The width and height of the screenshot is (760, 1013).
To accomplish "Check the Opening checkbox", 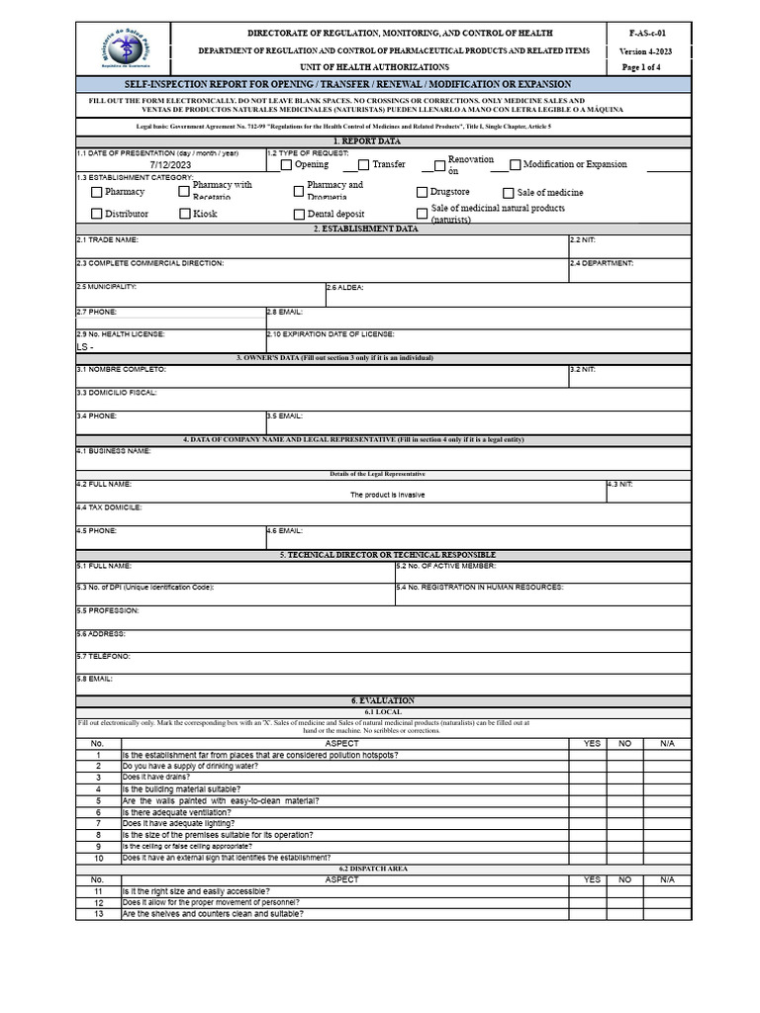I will [286, 165].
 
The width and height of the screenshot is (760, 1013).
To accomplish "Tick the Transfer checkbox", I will [363, 165].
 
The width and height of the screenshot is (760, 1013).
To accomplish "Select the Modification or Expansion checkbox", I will [516, 165].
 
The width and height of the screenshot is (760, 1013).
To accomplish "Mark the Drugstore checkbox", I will [423, 193].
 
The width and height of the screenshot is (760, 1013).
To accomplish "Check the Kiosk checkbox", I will [185, 214].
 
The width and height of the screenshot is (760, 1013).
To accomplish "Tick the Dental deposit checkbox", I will [299, 214].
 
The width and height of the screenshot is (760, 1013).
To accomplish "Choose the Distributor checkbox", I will [96, 214].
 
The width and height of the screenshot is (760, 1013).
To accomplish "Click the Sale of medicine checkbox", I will [509, 193].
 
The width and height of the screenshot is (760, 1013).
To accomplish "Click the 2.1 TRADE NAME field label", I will [107, 240].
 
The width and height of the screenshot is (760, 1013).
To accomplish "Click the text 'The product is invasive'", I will [388, 495].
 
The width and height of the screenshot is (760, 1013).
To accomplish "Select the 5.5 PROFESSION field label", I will [108, 610].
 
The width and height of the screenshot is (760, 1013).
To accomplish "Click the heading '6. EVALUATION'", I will [383, 700].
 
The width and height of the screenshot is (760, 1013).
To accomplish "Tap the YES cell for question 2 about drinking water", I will [592, 767].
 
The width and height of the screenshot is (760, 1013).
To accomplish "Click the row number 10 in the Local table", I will [97, 858].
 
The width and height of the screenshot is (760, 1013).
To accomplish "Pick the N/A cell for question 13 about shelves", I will [667, 914].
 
